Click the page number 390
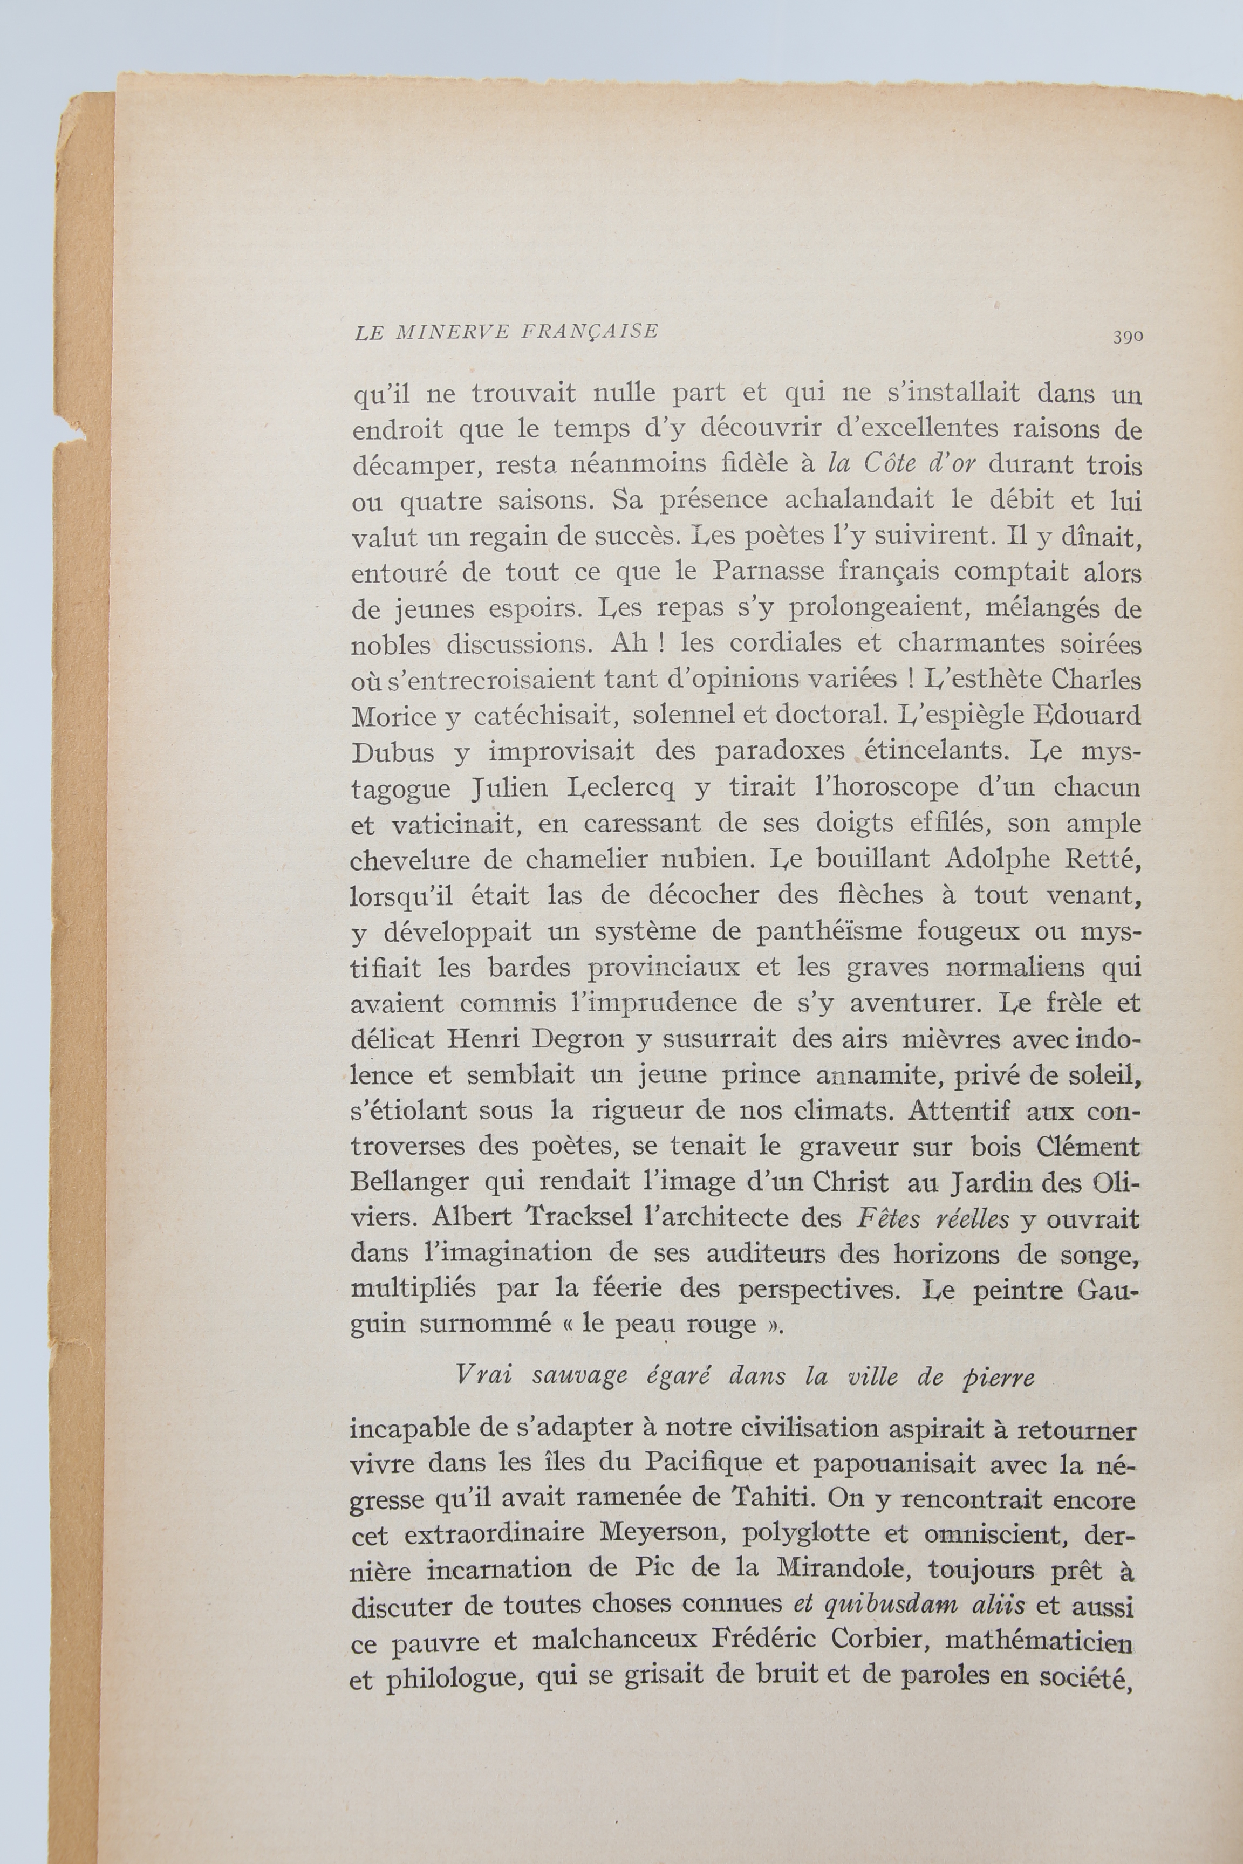pyautogui.click(x=1127, y=335)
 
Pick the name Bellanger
pyautogui.click(x=411, y=1182)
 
